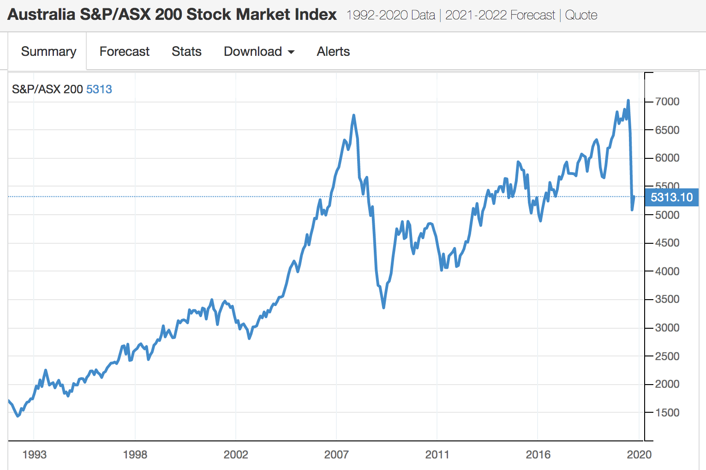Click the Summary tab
point(48,51)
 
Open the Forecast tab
point(124,51)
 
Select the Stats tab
point(186,51)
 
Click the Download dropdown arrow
point(291,52)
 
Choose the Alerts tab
point(333,51)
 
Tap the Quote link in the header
point(581,15)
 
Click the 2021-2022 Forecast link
point(500,15)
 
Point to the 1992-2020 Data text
point(390,15)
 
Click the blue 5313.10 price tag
point(671,197)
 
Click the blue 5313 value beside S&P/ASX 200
point(99,89)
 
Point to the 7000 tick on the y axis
point(667,102)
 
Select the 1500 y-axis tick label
point(667,412)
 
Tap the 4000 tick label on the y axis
point(667,271)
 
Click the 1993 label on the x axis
point(34,454)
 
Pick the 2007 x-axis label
point(336,454)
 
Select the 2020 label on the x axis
point(639,454)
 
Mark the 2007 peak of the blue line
point(353,115)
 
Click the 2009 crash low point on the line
point(383,307)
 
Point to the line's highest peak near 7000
point(628,101)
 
